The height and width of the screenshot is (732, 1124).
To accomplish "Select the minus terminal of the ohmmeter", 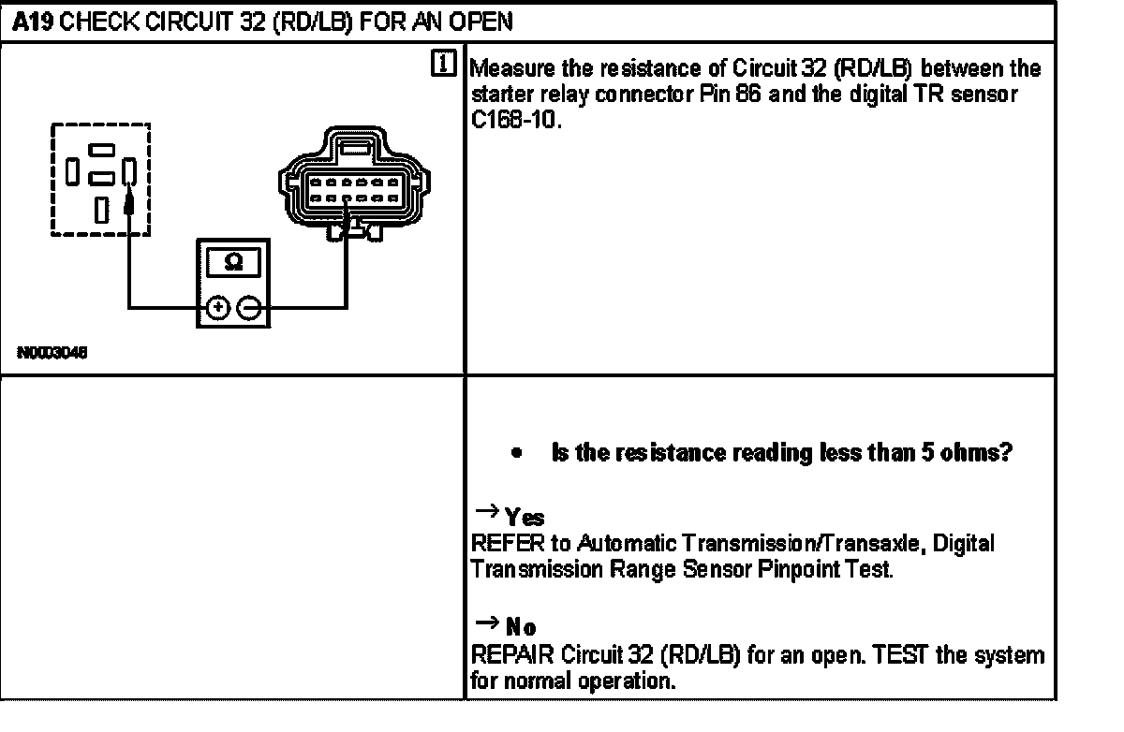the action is [248, 307].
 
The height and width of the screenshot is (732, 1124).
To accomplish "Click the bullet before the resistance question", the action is [516, 454].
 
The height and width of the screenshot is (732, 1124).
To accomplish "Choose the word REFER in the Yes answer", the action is [499, 543].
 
